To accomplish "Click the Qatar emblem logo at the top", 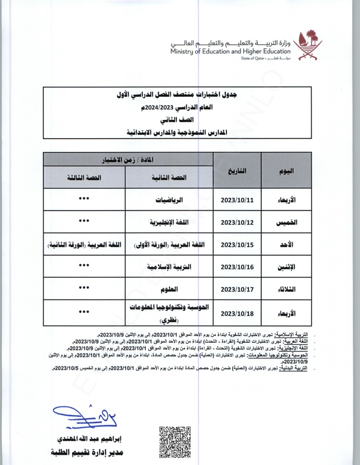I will (305, 45).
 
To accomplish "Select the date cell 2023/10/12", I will (237, 222).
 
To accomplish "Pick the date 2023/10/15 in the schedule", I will (237, 245).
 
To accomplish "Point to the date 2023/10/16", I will (237, 267).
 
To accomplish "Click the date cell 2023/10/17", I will (237, 289).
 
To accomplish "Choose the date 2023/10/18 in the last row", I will (237, 313).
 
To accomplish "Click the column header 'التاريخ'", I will (237, 171).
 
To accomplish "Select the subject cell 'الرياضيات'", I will (169, 200).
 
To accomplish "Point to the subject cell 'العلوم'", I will (169, 289).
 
